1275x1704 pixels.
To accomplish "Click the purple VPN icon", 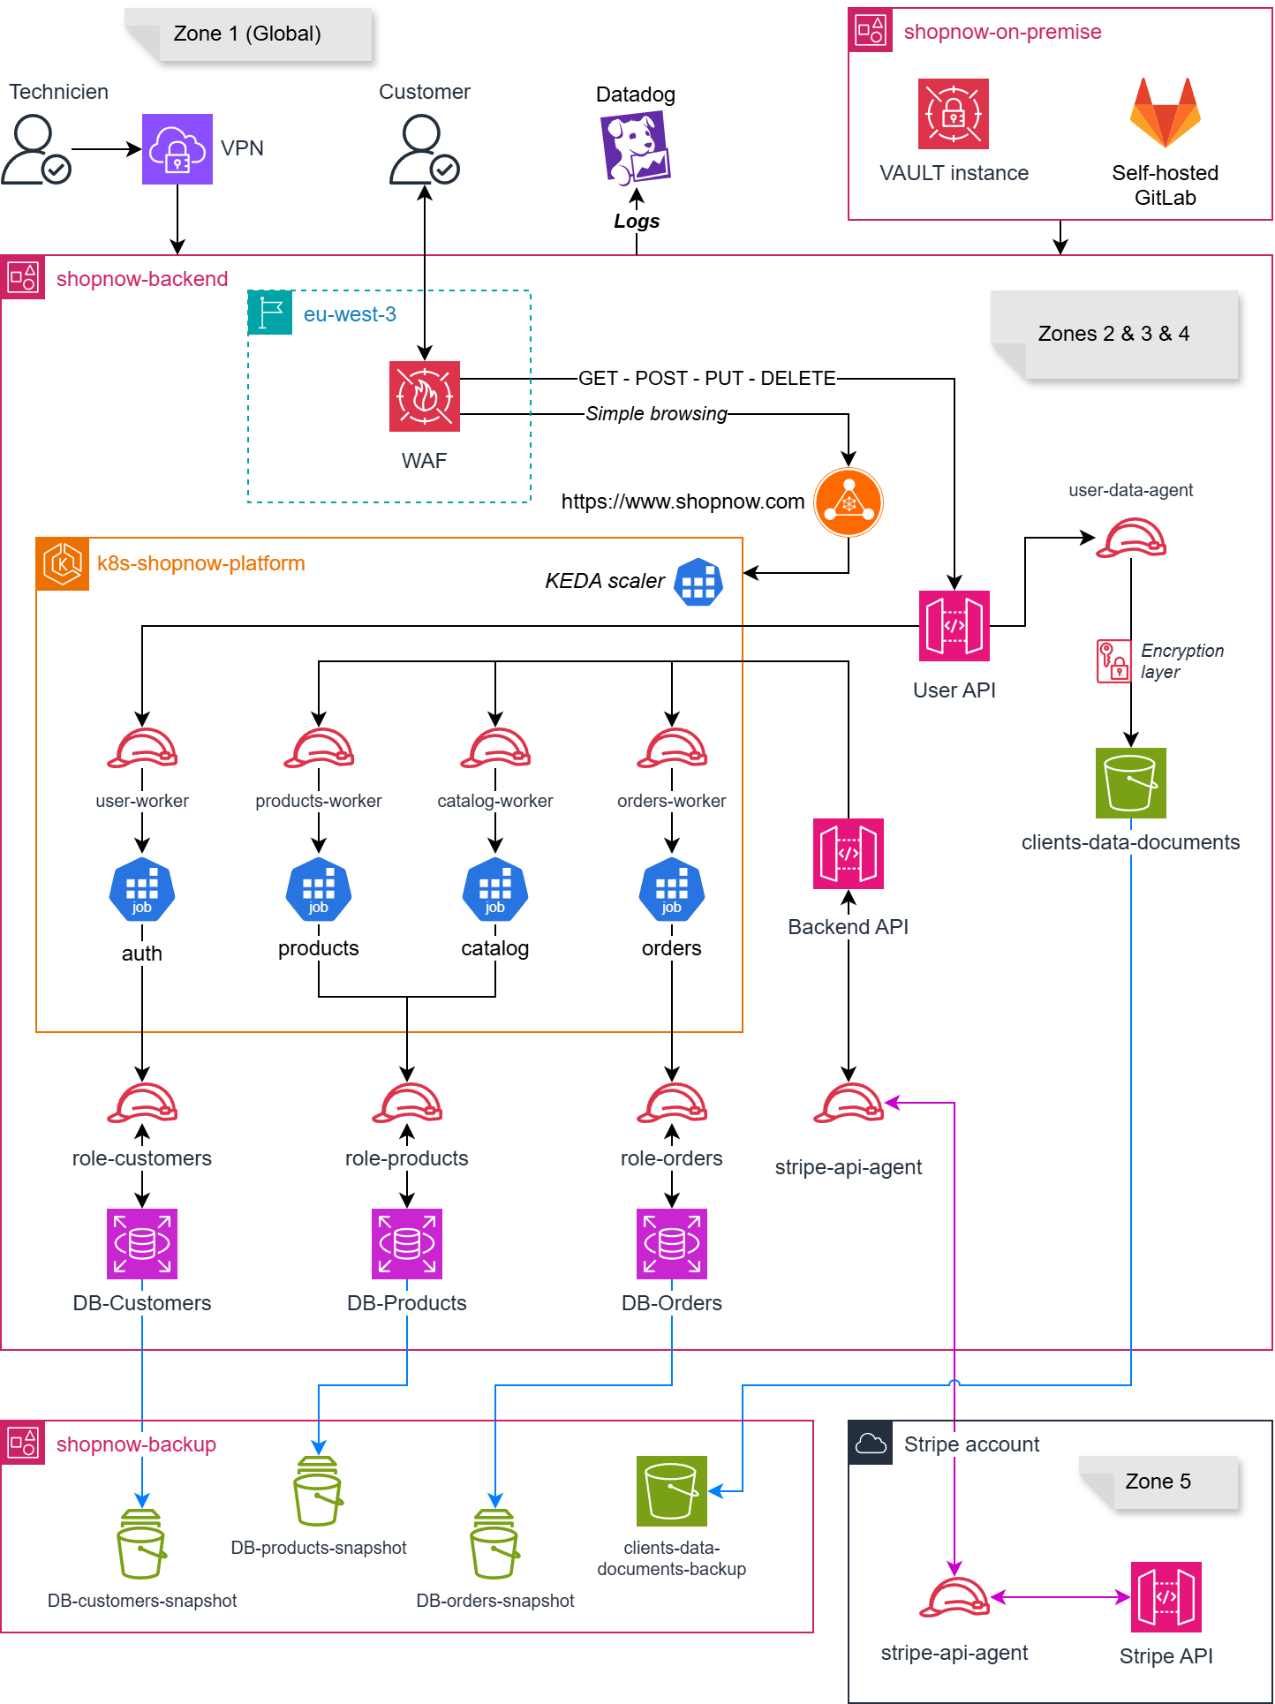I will click(x=177, y=149).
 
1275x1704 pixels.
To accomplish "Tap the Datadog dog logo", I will click(x=636, y=147).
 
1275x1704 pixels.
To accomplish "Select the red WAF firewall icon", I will click(x=425, y=396).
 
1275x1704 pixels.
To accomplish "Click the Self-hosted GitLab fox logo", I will click(x=1166, y=113).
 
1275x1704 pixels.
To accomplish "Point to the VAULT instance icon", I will click(x=954, y=114).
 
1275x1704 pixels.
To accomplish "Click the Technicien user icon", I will click(x=36, y=149).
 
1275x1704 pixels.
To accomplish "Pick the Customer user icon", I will click(x=425, y=149).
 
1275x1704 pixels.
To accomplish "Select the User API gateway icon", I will click(x=954, y=626).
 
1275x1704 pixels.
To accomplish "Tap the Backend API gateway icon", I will click(x=849, y=854).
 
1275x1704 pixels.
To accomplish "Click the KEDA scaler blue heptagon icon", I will click(x=698, y=582).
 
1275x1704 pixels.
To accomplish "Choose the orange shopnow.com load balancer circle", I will click(x=849, y=502).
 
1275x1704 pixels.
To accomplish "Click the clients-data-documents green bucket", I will click(x=1131, y=783).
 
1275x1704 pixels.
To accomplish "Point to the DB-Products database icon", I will click(x=407, y=1244).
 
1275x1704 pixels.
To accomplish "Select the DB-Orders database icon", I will click(x=672, y=1244).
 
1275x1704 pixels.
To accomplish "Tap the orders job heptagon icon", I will click(x=672, y=890).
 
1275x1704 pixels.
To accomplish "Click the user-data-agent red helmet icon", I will click(x=1131, y=538).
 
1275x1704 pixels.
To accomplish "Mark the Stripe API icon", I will click(x=1166, y=1597).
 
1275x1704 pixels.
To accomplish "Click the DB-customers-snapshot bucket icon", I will click(x=142, y=1544).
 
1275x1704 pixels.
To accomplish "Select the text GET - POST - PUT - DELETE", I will click(x=707, y=379).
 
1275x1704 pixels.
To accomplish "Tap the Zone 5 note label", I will click(x=1158, y=1482).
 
